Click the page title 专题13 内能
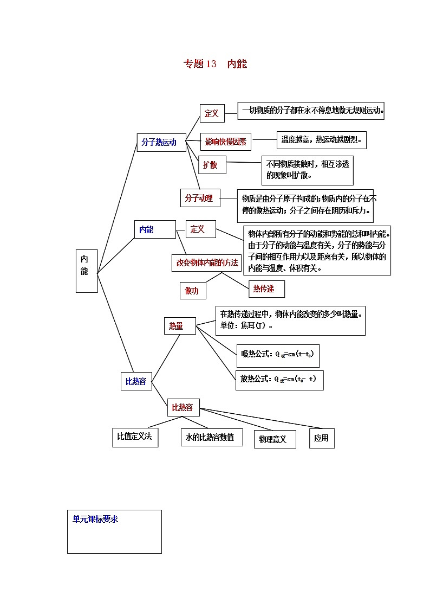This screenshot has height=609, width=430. [x=215, y=64]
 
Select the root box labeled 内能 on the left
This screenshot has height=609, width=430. [x=87, y=271]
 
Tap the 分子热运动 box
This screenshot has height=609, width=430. [x=161, y=143]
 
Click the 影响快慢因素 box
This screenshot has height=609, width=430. [x=225, y=142]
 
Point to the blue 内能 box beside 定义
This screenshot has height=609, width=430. [x=155, y=230]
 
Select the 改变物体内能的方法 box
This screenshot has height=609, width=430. [x=206, y=262]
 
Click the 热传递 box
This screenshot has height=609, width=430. [x=266, y=289]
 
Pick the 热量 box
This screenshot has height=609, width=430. [x=180, y=326]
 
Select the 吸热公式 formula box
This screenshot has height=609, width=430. [x=278, y=354]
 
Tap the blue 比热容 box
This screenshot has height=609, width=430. [x=136, y=381]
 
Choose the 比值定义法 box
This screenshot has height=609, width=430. [x=135, y=437]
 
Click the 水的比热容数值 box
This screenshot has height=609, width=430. [x=211, y=437]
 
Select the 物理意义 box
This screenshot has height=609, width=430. [x=275, y=439]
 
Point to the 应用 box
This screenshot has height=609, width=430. [x=322, y=438]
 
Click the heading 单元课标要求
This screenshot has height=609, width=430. [x=95, y=519]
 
